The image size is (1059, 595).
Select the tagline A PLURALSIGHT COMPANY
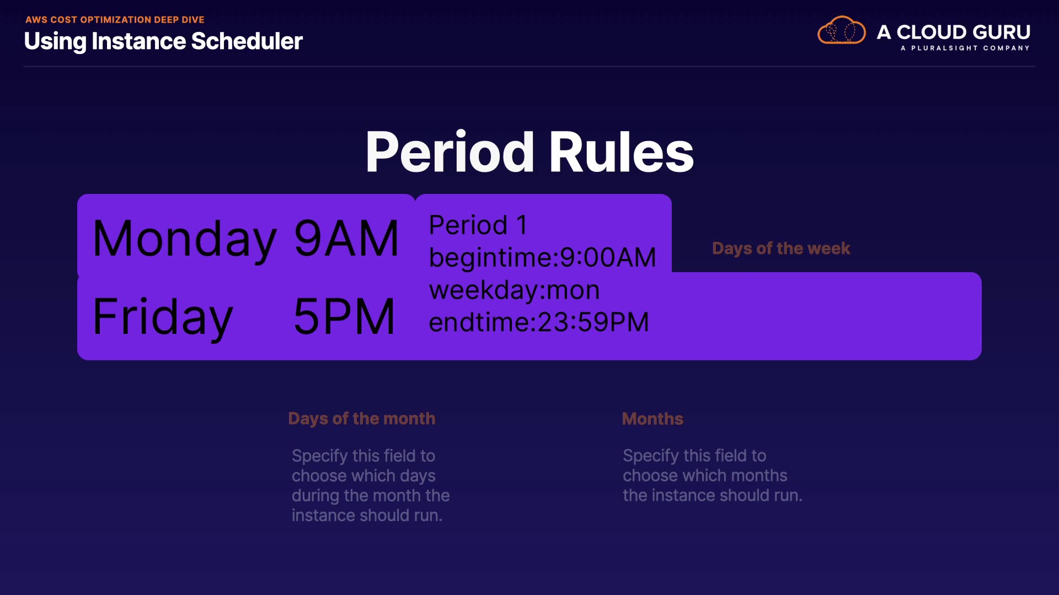pyautogui.click(x=965, y=48)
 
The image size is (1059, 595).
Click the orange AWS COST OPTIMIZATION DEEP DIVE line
pyautogui.click(x=115, y=20)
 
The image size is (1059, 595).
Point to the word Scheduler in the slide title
pyautogui.click(x=247, y=41)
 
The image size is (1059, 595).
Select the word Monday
pyautogui.click(x=185, y=239)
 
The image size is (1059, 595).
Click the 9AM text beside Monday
pyautogui.click(x=346, y=238)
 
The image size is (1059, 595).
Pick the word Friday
pyautogui.click(x=163, y=317)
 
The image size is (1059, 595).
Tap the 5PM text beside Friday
pyautogui.click(x=344, y=316)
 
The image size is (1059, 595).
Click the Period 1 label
pyautogui.click(x=478, y=225)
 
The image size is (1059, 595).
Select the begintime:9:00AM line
pyautogui.click(x=543, y=257)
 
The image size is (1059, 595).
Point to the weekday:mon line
pyautogui.click(x=514, y=290)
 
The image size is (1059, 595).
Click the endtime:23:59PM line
pyautogui.click(x=539, y=322)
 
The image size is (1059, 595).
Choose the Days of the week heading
pyautogui.click(x=781, y=248)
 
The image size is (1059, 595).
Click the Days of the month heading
pyautogui.click(x=362, y=419)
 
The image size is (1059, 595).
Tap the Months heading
pyautogui.click(x=652, y=419)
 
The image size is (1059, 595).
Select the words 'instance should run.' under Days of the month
pyautogui.click(x=367, y=516)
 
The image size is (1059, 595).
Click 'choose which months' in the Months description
pyautogui.click(x=705, y=475)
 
